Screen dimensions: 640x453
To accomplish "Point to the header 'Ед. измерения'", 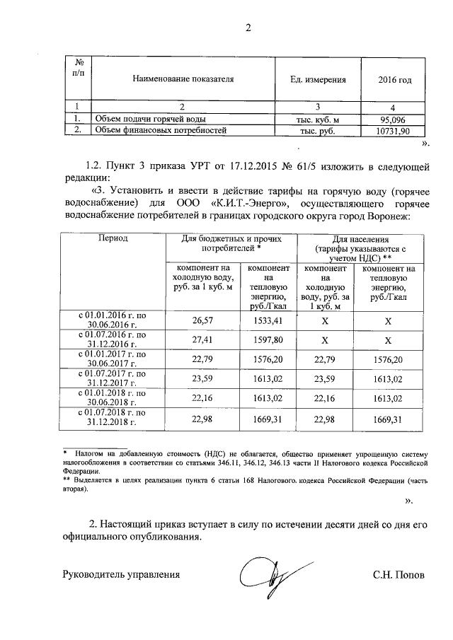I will pyautogui.click(x=318, y=80).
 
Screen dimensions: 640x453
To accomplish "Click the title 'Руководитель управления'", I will pyautogui.click(x=121, y=575).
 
